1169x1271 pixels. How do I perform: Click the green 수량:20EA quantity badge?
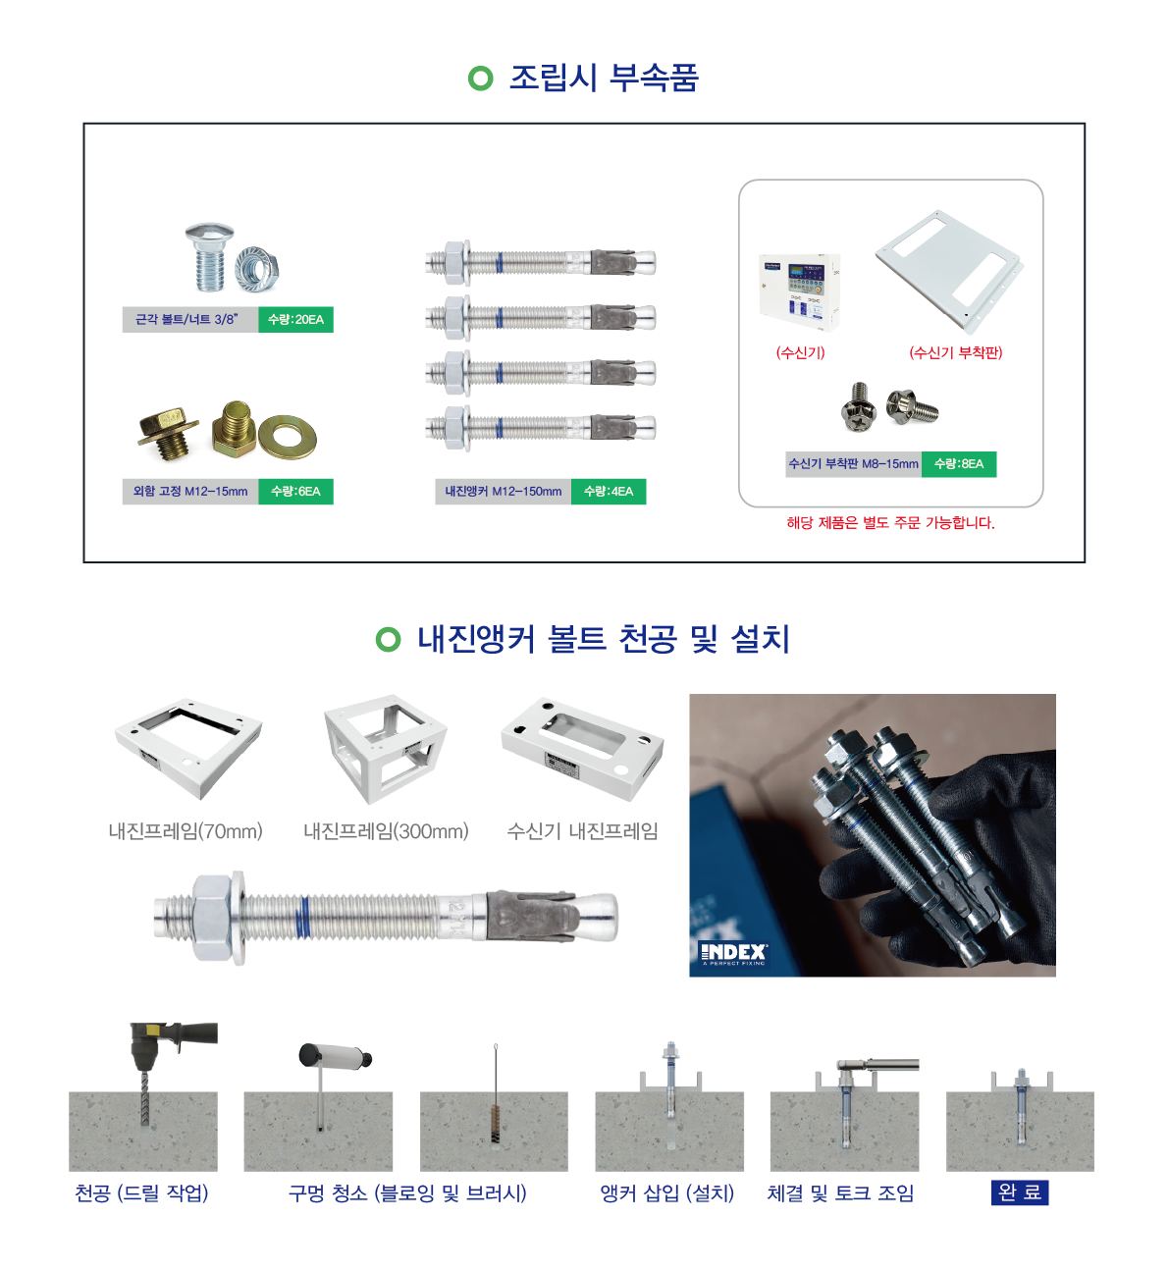(295, 319)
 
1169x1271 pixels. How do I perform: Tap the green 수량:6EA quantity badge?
(295, 491)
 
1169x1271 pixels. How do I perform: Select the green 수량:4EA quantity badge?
(608, 491)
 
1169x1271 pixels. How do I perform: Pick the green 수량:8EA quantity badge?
(959, 464)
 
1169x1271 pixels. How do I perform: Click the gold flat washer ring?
(288, 437)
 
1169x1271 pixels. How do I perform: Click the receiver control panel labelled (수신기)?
(799, 292)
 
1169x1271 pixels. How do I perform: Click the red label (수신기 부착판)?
(955, 353)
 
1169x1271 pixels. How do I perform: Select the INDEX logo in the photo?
(733, 954)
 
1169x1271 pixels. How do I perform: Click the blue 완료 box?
(1020, 1192)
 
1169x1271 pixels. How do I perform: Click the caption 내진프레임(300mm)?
(386, 831)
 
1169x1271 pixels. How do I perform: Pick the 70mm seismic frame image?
(188, 749)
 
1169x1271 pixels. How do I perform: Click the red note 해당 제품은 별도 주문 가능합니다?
(890, 523)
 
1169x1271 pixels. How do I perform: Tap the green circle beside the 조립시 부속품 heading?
(480, 79)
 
